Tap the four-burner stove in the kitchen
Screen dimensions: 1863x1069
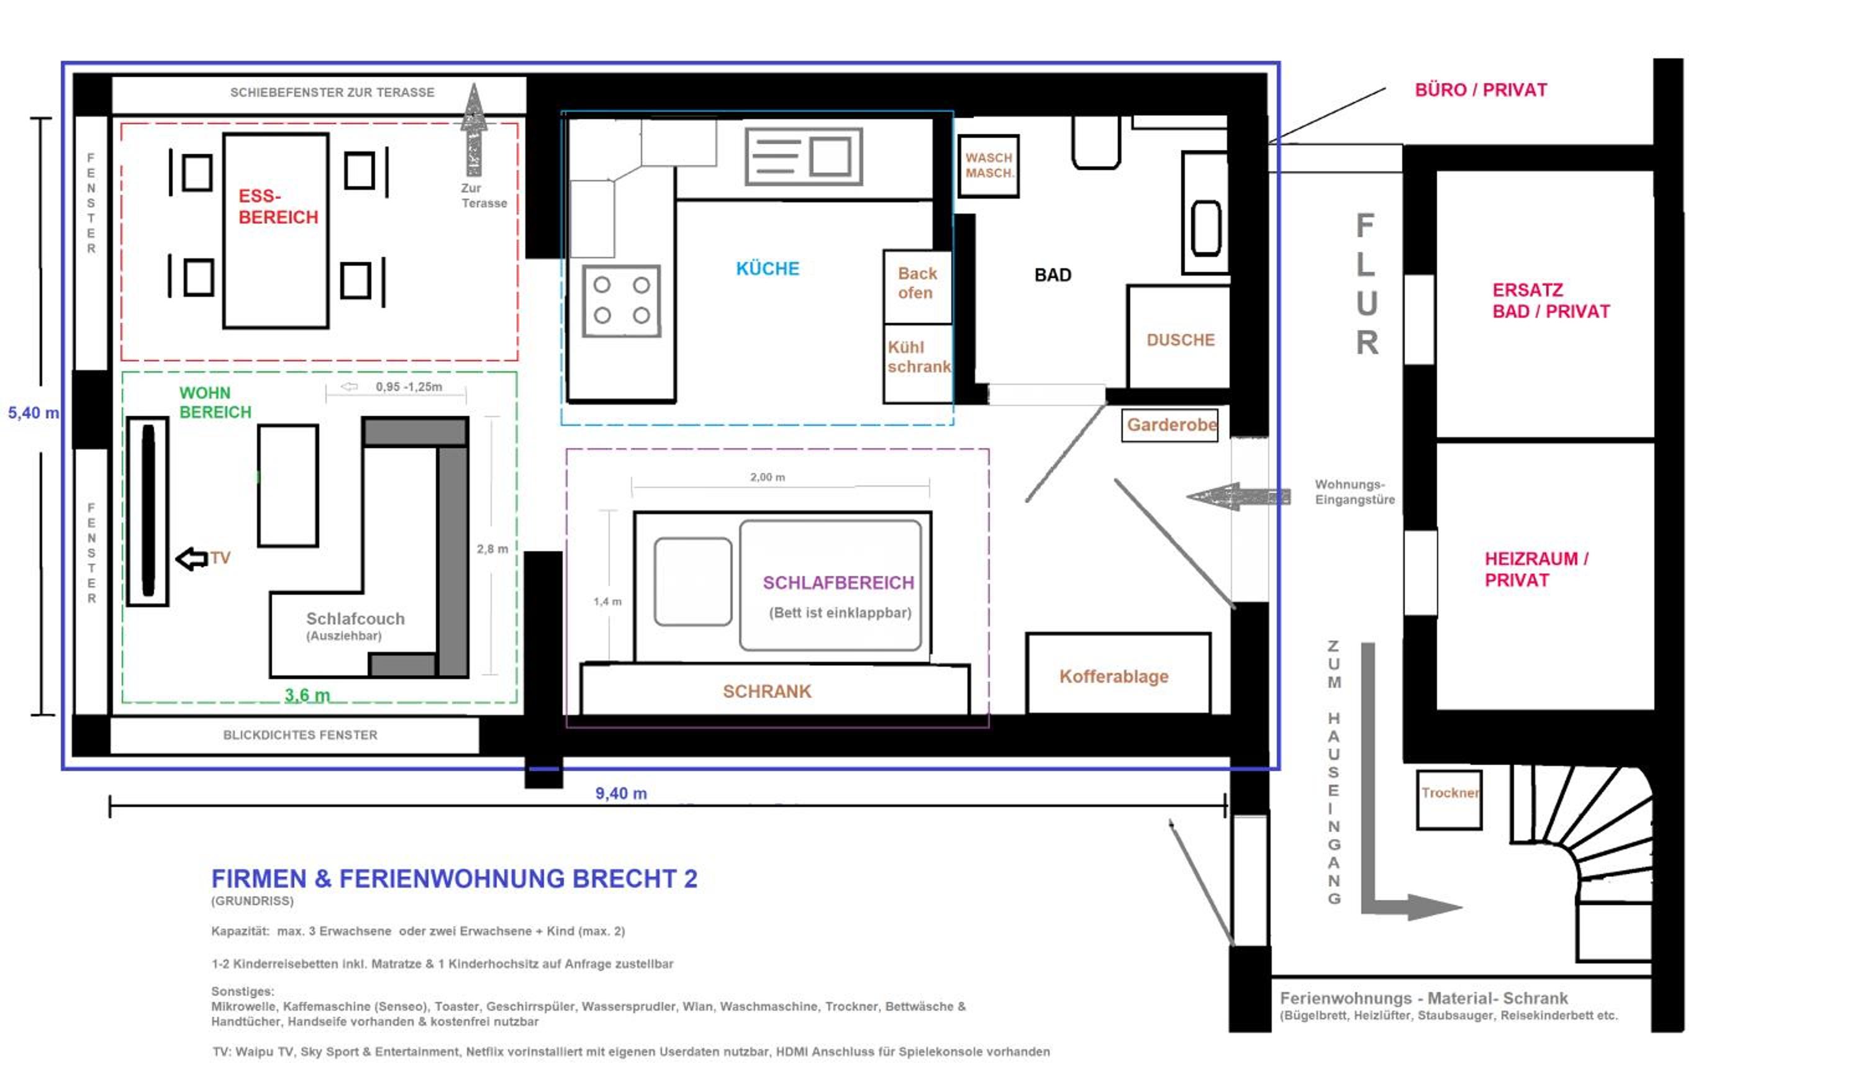621,301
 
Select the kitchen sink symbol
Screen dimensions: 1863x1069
804,156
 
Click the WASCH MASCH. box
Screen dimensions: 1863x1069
989,166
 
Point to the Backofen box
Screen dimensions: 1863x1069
917,287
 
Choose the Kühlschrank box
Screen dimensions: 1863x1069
918,363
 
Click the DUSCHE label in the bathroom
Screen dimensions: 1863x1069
1181,340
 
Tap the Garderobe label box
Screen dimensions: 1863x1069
1170,425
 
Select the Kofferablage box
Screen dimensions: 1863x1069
1118,674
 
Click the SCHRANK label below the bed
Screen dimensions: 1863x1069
768,692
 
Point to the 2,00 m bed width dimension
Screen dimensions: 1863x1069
768,477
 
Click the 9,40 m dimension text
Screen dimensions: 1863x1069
621,793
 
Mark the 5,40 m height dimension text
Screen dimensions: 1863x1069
34,413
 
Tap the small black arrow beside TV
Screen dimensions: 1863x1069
192,559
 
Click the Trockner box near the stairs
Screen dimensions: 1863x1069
1449,800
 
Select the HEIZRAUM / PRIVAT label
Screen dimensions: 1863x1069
1536,569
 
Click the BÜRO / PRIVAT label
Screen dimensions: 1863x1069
1481,90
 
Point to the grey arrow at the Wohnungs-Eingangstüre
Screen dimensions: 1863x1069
1238,497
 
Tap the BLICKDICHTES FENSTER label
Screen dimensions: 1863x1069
301,735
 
